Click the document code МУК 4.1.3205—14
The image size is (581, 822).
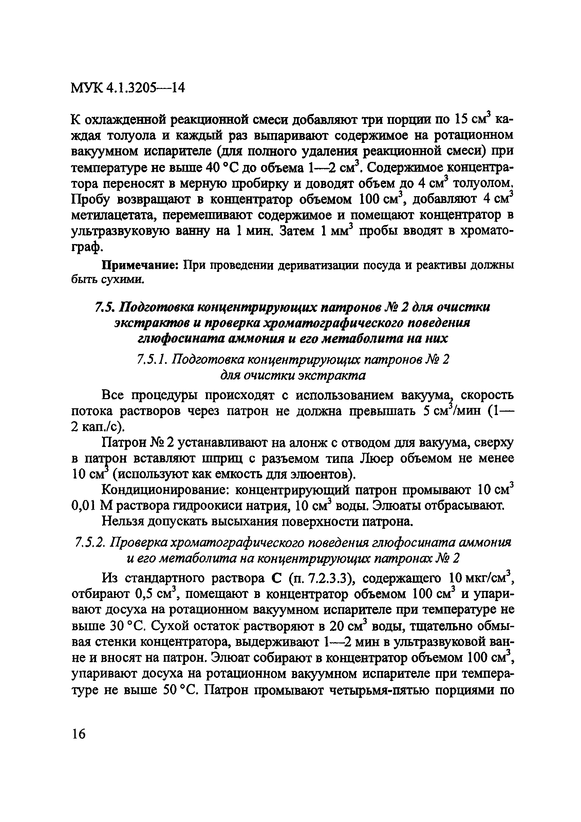click(128, 87)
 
